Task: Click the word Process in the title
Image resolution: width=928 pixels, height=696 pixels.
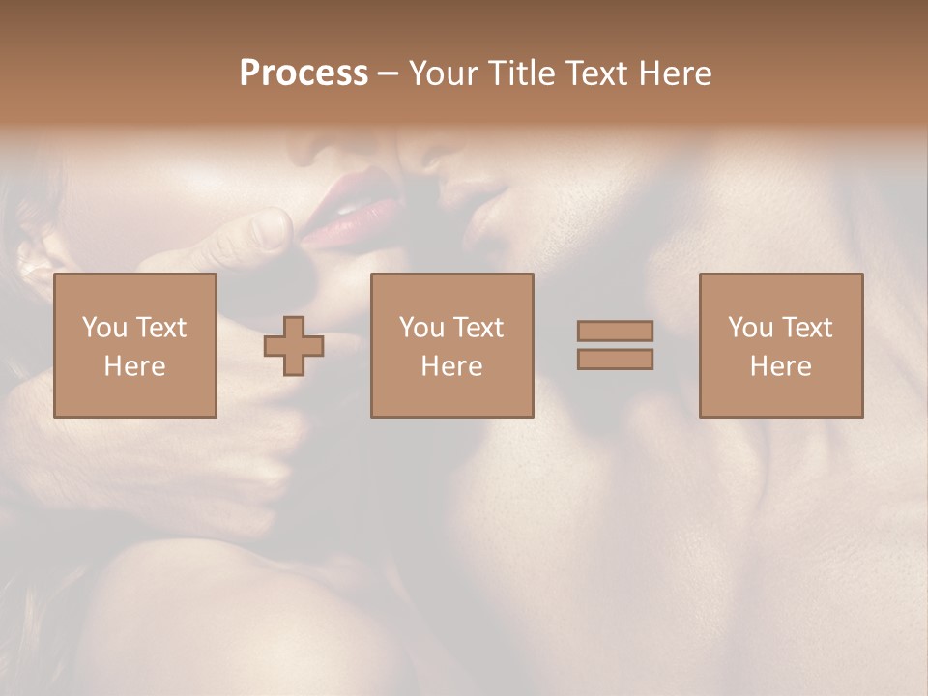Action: (x=304, y=72)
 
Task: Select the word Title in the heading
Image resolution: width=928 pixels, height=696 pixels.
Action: (x=522, y=73)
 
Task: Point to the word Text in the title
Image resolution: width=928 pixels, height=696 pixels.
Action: (x=599, y=73)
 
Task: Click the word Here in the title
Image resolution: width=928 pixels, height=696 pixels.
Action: (x=676, y=73)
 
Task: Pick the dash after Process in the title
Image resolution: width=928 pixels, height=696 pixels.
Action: (x=389, y=74)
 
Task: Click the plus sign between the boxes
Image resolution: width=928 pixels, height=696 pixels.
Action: (x=294, y=346)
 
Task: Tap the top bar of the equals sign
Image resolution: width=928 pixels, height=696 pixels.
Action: (x=615, y=331)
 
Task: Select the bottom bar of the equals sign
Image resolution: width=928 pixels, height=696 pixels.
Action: (x=615, y=360)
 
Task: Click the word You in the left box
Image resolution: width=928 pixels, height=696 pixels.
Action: (x=103, y=328)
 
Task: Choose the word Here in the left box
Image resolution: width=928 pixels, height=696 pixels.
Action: (x=134, y=366)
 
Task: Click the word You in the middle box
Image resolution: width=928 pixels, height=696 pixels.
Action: (x=421, y=328)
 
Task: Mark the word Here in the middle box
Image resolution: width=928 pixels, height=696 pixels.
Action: (x=451, y=366)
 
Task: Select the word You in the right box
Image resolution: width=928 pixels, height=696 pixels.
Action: (x=750, y=328)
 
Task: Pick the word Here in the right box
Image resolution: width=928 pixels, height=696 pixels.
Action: (x=780, y=366)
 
